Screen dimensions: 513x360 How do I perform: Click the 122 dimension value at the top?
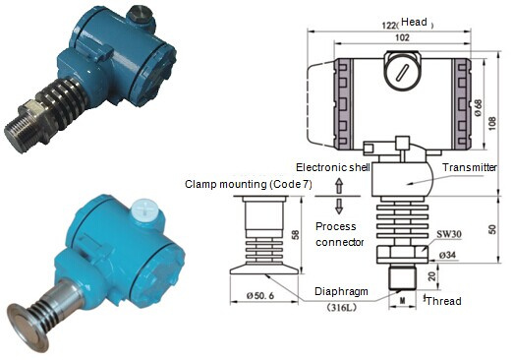pyautogui.click(x=389, y=26)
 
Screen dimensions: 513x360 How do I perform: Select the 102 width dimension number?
pyautogui.click(x=402, y=37)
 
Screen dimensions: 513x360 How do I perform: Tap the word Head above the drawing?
pyautogui.click(x=414, y=22)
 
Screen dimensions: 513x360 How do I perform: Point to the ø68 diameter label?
pyautogui.click(x=479, y=107)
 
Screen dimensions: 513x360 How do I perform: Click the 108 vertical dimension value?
pyautogui.click(x=492, y=123)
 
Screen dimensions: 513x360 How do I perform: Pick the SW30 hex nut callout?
pyautogui.click(x=449, y=234)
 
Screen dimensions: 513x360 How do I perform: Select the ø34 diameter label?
pyautogui.click(x=447, y=255)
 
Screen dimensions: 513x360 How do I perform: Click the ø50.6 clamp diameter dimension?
pyautogui.click(x=260, y=296)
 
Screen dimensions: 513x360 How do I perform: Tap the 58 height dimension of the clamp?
pyautogui.click(x=296, y=235)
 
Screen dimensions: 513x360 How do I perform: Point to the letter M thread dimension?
pyautogui.click(x=403, y=300)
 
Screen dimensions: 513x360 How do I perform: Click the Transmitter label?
pyautogui.click(x=470, y=167)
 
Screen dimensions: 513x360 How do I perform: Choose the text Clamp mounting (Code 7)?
pyautogui.click(x=249, y=184)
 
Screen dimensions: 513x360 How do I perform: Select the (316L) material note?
pyautogui.click(x=341, y=307)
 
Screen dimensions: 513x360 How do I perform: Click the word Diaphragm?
pyautogui.click(x=341, y=291)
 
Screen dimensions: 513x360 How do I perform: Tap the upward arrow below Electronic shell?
pyautogui.click(x=339, y=186)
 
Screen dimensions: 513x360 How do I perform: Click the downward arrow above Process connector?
pyautogui.click(x=339, y=206)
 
